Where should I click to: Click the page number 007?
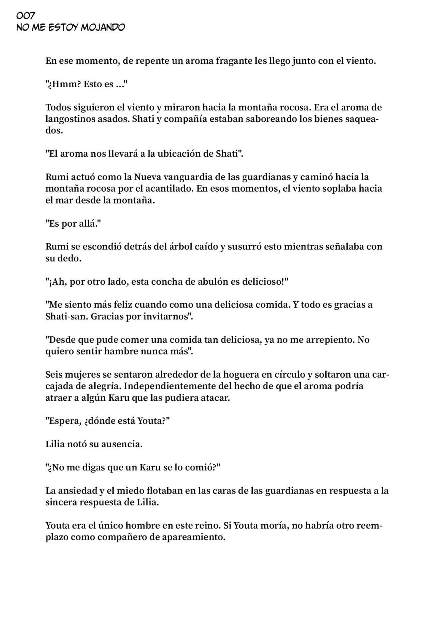pyautogui.click(x=26, y=16)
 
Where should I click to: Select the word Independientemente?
pyautogui.click(x=179, y=386)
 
